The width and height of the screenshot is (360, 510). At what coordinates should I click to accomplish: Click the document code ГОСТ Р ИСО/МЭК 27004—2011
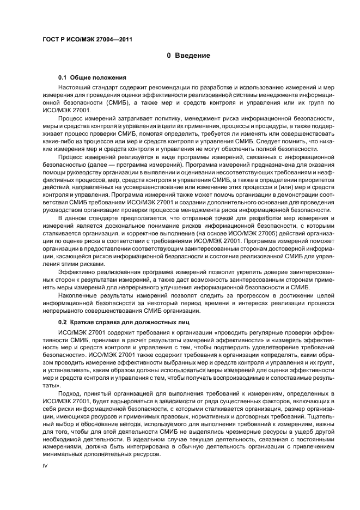tap(87, 39)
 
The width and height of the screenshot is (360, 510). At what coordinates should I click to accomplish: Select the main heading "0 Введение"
tap(188, 56)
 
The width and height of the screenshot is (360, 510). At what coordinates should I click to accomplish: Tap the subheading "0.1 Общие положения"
tap(92, 77)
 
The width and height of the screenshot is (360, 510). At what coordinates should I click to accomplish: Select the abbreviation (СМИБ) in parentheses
tap(137, 102)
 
